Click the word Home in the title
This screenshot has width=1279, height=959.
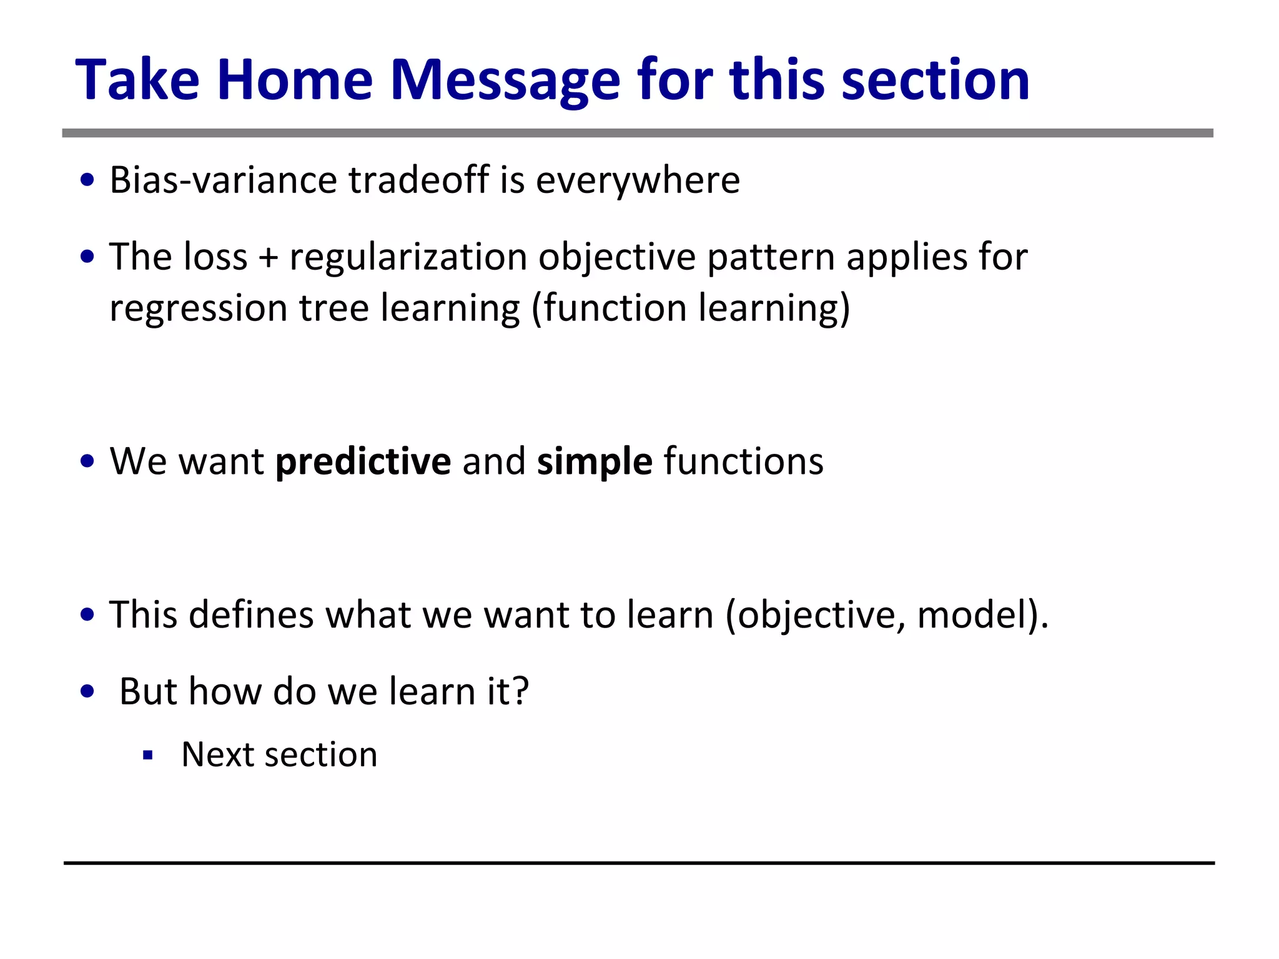point(295,80)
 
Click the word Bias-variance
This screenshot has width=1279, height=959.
point(223,180)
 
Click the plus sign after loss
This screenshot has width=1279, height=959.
point(268,257)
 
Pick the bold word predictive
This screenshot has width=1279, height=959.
point(363,461)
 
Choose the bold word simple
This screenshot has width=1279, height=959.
point(595,461)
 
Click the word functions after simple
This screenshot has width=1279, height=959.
point(743,461)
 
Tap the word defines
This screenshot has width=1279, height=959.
point(251,615)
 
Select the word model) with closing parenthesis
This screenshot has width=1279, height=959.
point(982,615)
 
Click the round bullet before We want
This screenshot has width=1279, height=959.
point(87,462)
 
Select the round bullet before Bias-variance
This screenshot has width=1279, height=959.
point(87,181)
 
